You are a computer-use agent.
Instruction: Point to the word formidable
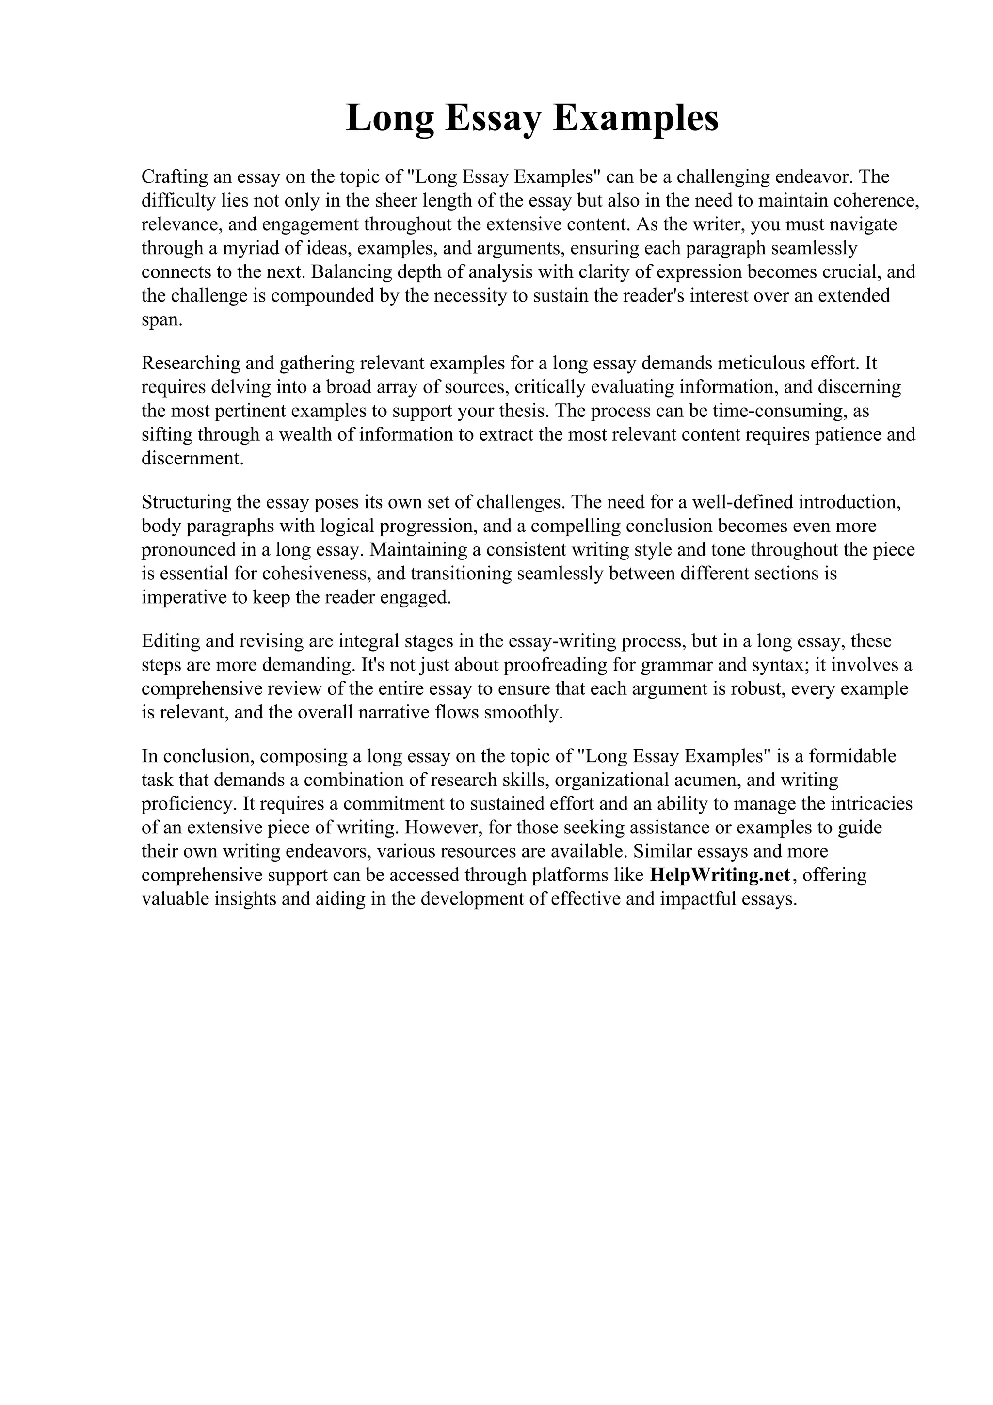coord(852,756)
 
